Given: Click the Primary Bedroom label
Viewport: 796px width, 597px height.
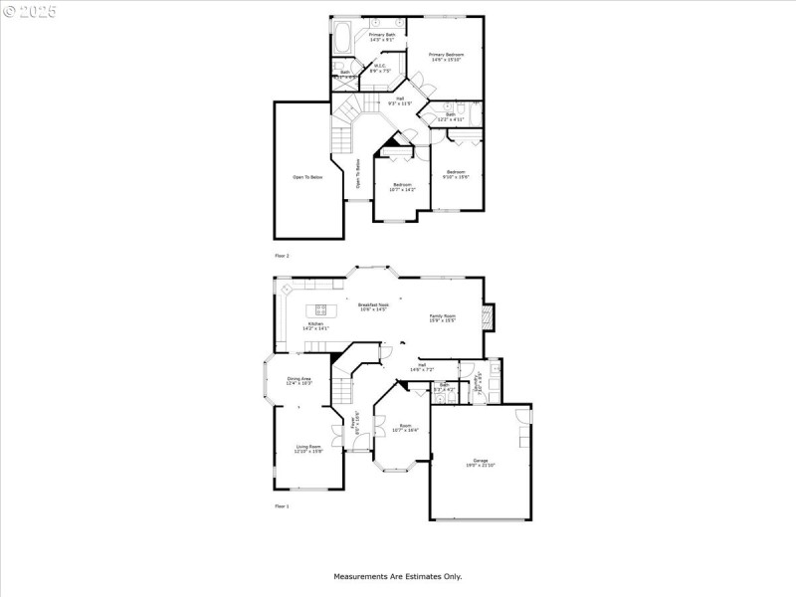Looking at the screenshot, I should [x=447, y=54].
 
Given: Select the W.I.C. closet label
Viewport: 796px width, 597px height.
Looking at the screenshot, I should [x=380, y=68].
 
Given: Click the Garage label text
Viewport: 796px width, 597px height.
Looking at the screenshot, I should [x=481, y=460].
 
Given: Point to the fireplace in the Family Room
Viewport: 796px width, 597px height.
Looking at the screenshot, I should [x=487, y=317].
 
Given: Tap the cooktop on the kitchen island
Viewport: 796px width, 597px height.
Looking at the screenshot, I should [x=321, y=308].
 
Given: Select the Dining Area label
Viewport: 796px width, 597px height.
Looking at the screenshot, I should [x=299, y=379].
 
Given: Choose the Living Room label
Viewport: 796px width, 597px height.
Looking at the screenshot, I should [x=308, y=447].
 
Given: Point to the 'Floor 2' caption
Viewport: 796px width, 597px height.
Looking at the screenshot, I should [x=282, y=256].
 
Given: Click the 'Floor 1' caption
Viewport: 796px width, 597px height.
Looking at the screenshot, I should [x=282, y=506].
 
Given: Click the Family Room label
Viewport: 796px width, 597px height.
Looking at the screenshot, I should [x=442, y=315].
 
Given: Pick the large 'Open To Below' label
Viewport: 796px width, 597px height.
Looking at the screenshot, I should [x=307, y=177].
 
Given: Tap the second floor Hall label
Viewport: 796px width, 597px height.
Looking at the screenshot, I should [x=400, y=99].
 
